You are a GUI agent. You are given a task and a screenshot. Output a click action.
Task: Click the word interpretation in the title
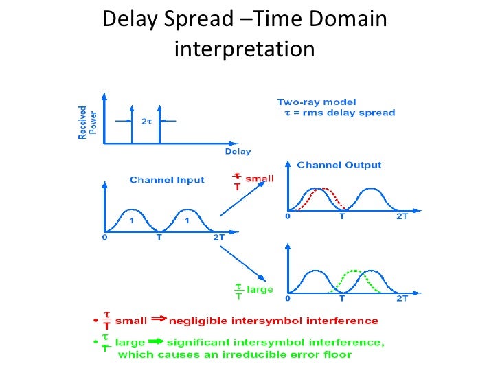tap(245, 49)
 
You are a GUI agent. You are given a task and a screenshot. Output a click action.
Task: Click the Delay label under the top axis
tap(238, 151)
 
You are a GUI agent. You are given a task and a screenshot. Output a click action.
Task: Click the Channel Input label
tap(167, 180)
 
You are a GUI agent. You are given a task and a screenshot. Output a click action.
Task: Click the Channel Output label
tap(339, 165)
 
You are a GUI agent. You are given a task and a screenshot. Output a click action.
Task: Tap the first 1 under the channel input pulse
tap(132, 220)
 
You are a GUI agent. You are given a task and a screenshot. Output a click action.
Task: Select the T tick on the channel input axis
tap(159, 237)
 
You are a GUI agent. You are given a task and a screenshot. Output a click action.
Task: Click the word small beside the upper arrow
tap(259, 179)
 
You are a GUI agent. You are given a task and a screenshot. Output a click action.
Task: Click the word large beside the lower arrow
tap(260, 290)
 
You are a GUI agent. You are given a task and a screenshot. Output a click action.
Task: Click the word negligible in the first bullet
tap(201, 320)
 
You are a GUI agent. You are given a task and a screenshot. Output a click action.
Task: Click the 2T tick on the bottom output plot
tap(402, 300)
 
